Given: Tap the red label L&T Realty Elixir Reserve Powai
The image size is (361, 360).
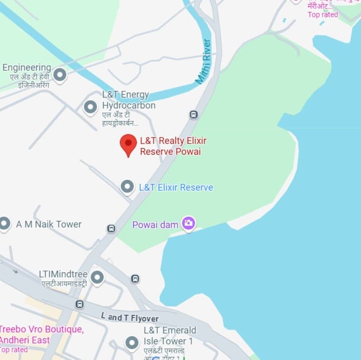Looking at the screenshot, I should [173, 146].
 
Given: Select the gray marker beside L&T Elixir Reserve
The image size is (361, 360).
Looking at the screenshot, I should [128, 187].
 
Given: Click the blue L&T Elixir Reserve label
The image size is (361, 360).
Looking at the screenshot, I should [176, 188].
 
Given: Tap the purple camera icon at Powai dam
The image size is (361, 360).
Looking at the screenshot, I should [189, 223].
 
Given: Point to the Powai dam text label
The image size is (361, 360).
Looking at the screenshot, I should [155, 225].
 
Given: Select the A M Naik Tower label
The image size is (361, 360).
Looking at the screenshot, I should [49, 224].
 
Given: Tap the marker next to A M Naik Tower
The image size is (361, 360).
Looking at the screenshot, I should [4, 223].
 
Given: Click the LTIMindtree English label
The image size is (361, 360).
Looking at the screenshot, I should [63, 274].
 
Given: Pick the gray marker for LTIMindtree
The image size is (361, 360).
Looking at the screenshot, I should [97, 278].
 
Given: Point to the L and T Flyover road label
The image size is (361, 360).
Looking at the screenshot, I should [129, 317].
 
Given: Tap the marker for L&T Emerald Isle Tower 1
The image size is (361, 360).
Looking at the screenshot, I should [132, 343].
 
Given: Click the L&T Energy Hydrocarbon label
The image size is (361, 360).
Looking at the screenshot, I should [128, 100].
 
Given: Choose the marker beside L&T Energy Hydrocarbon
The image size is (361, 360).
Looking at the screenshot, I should [90, 107].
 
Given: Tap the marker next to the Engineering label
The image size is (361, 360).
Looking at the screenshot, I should [59, 74].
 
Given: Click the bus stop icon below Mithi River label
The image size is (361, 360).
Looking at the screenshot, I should [194, 114].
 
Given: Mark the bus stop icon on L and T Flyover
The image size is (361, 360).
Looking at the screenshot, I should [79, 305].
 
